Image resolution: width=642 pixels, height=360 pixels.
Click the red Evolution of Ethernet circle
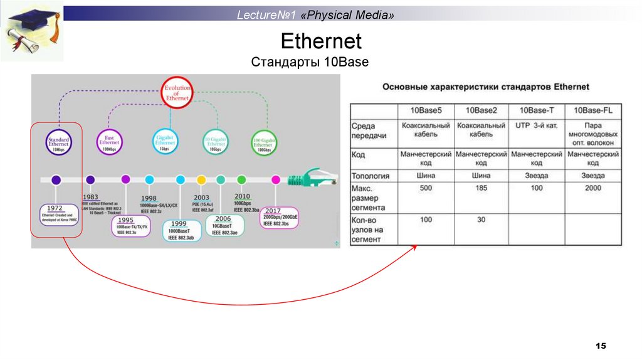tap(177, 93)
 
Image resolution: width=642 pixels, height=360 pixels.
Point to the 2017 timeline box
tap(280, 217)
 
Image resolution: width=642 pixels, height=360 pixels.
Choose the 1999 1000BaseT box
tap(179, 230)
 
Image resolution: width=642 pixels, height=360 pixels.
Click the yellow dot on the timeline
tap(201, 180)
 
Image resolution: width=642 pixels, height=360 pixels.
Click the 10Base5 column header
tap(426, 110)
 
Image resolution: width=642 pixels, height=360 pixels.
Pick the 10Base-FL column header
tap(593, 110)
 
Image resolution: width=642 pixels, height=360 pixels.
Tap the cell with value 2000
tap(593, 188)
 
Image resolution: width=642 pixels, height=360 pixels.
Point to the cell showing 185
tap(481, 188)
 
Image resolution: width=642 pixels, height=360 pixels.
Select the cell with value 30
tap(481, 220)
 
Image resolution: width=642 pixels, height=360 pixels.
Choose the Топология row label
tap(371, 176)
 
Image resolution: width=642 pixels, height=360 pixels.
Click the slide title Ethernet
tap(321, 41)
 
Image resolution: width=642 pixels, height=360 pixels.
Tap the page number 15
tap(601, 346)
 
